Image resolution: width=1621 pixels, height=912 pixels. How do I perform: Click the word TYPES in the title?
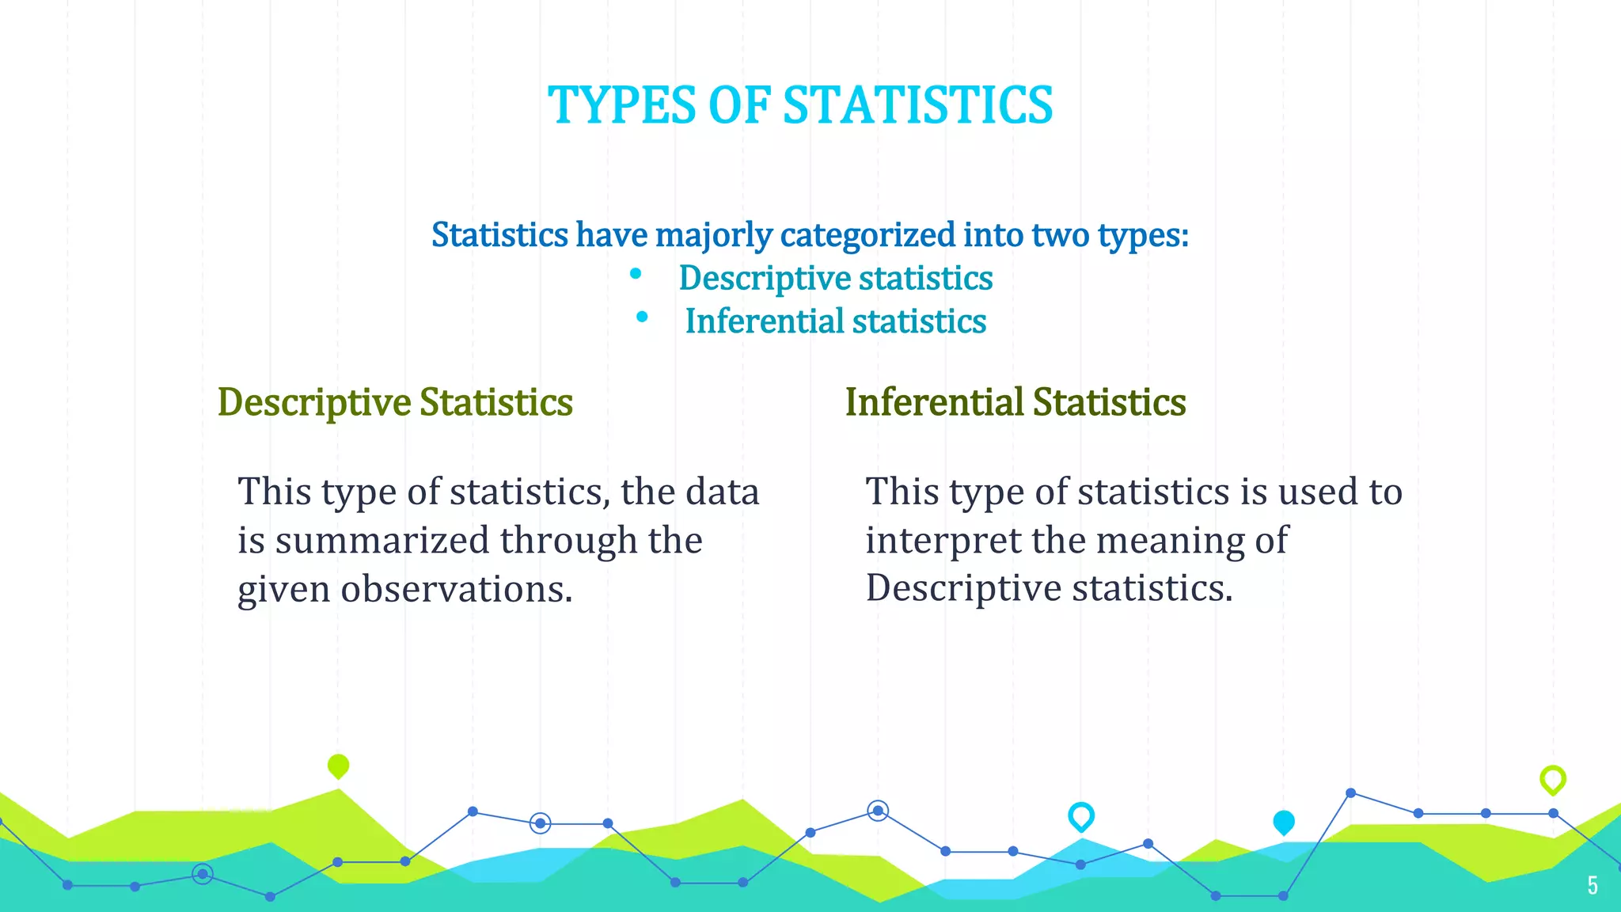[621, 105]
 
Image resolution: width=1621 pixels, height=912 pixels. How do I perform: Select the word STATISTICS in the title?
[918, 105]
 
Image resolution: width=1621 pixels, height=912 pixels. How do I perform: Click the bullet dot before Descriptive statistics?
[636, 274]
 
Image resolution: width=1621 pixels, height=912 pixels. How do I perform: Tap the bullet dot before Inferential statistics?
[642, 317]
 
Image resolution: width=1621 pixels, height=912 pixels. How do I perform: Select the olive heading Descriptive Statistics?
[395, 402]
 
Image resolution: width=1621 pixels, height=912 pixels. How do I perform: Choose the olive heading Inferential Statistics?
[1015, 402]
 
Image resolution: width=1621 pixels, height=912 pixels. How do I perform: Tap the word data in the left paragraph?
[722, 492]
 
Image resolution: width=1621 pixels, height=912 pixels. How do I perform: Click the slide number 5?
[1593, 885]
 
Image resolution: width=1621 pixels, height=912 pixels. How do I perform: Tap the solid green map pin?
[338, 766]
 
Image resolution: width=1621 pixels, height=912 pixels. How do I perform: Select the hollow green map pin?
[1553, 780]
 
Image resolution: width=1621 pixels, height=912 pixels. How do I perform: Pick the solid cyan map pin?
[1284, 822]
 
